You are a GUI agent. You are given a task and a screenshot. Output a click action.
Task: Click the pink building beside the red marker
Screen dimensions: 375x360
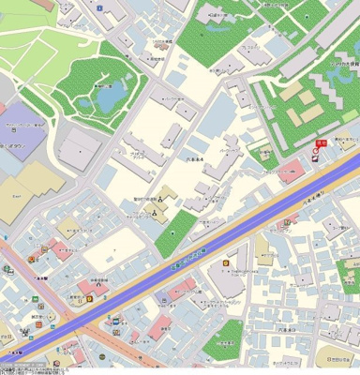[x=292, y=169]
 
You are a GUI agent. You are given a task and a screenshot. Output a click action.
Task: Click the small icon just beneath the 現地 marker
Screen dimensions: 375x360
[x=316, y=157]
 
